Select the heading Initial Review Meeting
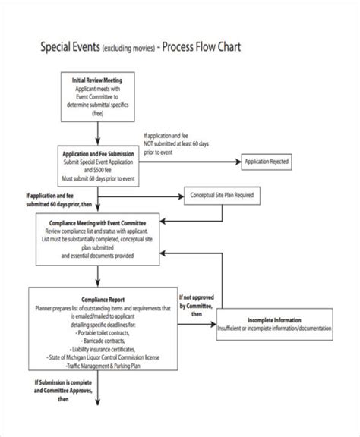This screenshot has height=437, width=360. click(x=97, y=80)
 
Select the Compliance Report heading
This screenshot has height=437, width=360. click(x=97, y=300)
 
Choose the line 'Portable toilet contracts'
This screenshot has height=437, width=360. click(x=97, y=332)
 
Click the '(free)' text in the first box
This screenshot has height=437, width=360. click(x=97, y=113)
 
